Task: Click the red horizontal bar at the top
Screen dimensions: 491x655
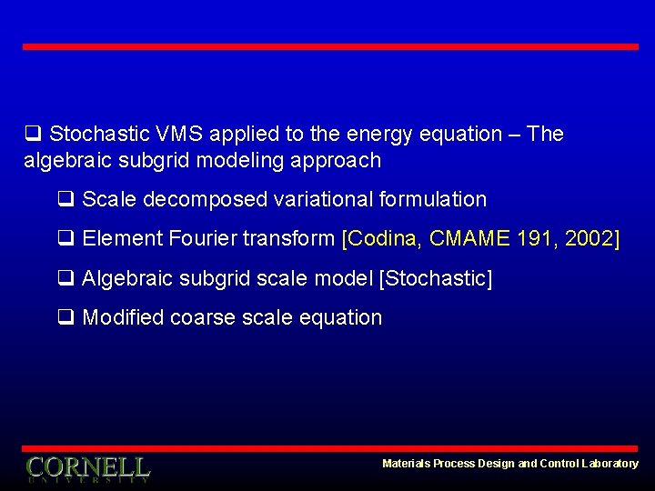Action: point(330,46)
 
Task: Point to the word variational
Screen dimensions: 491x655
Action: point(338,199)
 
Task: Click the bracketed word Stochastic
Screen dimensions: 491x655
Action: point(435,278)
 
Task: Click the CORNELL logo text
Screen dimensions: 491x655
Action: point(87,467)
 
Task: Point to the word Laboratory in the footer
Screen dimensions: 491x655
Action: point(610,464)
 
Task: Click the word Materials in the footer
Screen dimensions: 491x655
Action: point(406,464)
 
